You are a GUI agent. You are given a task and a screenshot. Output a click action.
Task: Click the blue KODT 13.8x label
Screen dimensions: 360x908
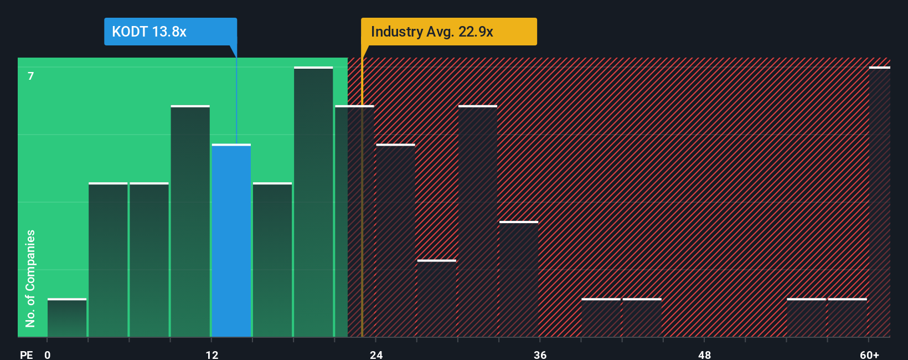pos(170,32)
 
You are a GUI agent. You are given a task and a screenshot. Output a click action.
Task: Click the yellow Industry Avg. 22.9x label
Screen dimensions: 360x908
pos(448,32)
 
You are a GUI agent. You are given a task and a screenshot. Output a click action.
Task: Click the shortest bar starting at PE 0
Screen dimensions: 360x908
pos(67,318)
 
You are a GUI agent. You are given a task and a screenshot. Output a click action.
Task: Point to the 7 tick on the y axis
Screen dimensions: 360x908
pos(31,76)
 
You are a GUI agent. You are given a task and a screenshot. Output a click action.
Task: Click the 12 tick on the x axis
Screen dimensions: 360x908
pos(212,354)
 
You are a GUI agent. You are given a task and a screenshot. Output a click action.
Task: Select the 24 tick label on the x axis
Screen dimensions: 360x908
pos(376,354)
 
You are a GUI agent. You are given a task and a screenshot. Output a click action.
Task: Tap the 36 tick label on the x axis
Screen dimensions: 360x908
pos(540,354)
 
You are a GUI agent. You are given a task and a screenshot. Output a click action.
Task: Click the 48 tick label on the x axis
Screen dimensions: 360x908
pos(704,354)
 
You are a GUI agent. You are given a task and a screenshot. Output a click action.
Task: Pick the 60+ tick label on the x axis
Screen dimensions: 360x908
pos(869,354)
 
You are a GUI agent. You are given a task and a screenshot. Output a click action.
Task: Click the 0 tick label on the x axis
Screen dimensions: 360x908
pos(48,354)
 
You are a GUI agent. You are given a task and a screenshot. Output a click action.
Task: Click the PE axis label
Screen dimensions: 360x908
pos(26,354)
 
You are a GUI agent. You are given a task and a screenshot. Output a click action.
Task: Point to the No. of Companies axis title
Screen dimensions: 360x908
pos(30,278)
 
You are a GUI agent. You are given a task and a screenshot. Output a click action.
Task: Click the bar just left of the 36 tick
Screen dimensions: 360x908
pos(519,280)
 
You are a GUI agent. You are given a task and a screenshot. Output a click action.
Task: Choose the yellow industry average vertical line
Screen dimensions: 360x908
pos(362,222)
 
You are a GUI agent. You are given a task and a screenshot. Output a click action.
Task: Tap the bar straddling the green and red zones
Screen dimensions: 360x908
pos(354,222)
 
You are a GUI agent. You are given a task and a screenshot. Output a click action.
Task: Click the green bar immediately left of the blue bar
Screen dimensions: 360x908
pos(190,222)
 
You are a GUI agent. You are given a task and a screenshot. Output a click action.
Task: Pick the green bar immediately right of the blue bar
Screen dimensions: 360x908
pos(272,260)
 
